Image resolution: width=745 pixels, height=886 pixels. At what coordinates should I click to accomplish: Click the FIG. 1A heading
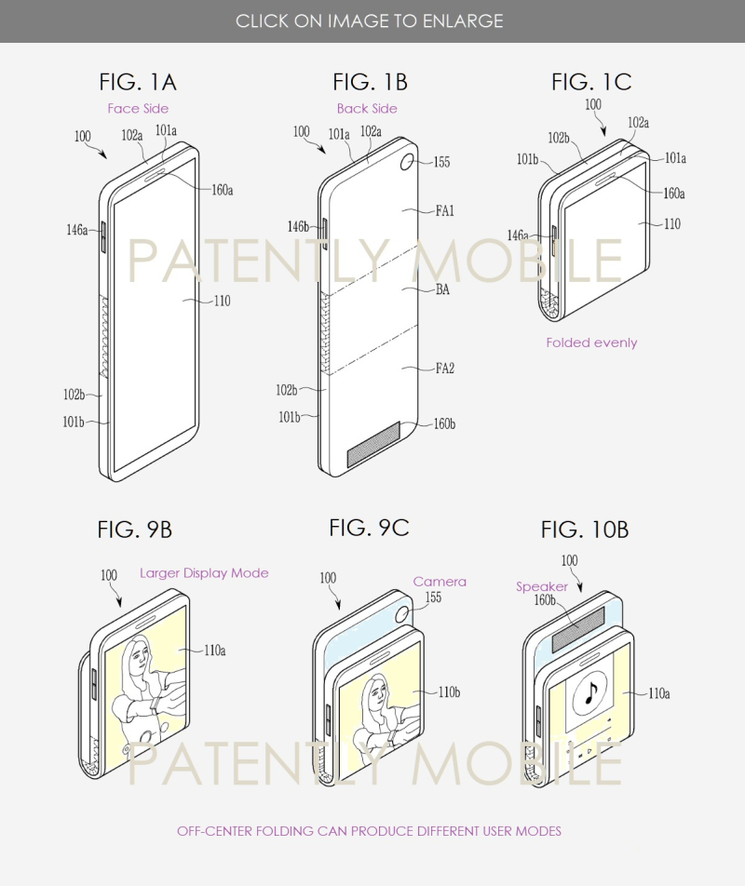[x=138, y=83]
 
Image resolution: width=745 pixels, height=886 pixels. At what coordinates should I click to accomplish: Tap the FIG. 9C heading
[x=369, y=528]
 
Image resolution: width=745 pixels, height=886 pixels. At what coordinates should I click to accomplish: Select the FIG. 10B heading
[x=585, y=530]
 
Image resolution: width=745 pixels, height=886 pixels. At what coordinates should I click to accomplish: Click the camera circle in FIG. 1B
[x=407, y=162]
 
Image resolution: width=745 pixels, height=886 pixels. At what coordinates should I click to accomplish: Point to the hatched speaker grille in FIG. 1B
[x=373, y=444]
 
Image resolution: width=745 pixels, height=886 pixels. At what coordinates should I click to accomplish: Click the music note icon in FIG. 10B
[x=590, y=691]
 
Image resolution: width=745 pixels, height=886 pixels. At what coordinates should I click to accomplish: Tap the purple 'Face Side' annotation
[x=138, y=109]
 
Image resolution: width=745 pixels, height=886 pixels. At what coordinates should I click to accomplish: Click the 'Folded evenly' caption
[x=591, y=342]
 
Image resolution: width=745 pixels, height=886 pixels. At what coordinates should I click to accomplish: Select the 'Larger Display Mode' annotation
[x=204, y=573]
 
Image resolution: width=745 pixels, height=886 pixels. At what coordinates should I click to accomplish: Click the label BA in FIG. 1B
[x=442, y=289]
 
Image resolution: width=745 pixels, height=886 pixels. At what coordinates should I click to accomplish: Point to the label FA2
[x=445, y=369]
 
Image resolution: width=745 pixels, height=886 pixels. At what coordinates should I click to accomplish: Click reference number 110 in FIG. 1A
[x=223, y=301]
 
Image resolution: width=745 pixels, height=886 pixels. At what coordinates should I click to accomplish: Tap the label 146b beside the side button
[x=298, y=226]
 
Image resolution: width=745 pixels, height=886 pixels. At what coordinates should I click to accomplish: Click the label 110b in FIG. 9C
[x=449, y=692]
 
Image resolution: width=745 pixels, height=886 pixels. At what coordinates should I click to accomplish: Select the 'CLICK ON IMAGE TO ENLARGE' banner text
[x=369, y=20]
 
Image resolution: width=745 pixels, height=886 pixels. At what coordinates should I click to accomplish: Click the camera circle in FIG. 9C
[x=402, y=613]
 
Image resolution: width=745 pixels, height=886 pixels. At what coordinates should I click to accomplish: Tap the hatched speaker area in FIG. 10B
[x=578, y=628]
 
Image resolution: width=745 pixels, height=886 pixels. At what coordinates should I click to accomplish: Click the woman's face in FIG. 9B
[x=141, y=655]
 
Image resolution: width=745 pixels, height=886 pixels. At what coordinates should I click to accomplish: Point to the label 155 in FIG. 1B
[x=441, y=162]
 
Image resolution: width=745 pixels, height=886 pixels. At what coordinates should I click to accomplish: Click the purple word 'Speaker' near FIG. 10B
[x=541, y=586]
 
